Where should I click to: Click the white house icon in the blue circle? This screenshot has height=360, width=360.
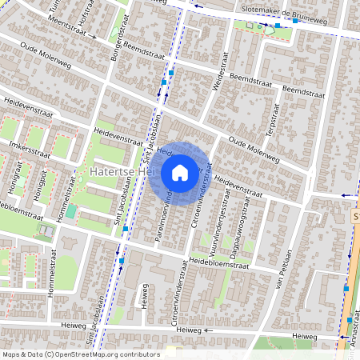click(x=180, y=172)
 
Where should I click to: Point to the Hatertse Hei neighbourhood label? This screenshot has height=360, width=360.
click(x=120, y=171)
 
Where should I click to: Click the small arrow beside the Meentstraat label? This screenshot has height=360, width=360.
click(x=94, y=36)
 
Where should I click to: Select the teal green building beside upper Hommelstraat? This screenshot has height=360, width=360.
click(x=71, y=212)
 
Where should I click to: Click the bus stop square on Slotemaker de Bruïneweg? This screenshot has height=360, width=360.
click(x=277, y=26)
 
